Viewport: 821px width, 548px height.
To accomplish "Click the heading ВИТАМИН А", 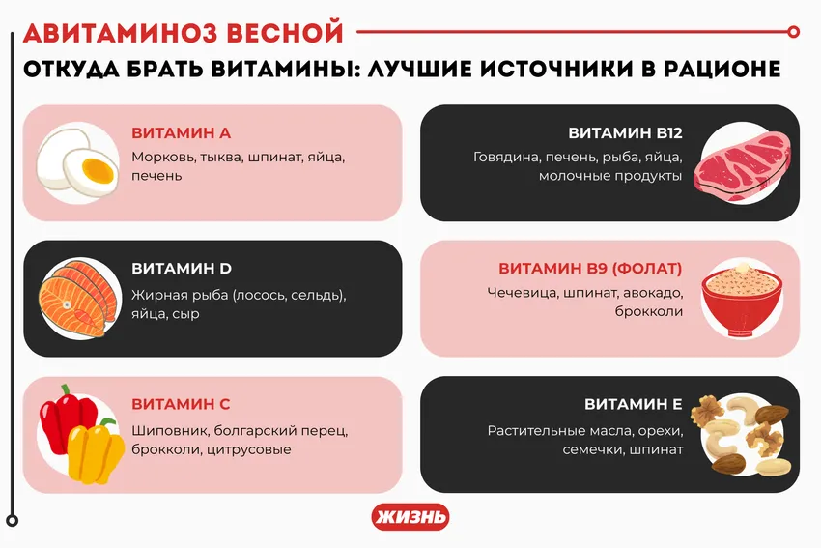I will point(181,133).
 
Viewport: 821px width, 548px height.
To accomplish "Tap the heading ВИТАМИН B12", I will point(625,133).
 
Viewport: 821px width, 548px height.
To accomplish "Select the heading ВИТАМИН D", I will point(182,269).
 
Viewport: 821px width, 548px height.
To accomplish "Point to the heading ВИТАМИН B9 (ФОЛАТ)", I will point(590,269).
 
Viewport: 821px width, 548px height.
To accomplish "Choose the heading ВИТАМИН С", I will point(181,404).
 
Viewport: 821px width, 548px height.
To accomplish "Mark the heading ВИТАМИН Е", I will point(634,404).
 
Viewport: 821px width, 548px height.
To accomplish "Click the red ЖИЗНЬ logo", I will point(410,517).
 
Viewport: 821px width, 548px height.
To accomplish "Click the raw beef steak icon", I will point(740,162).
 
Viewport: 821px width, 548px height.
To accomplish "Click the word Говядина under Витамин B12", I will point(505,157).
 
